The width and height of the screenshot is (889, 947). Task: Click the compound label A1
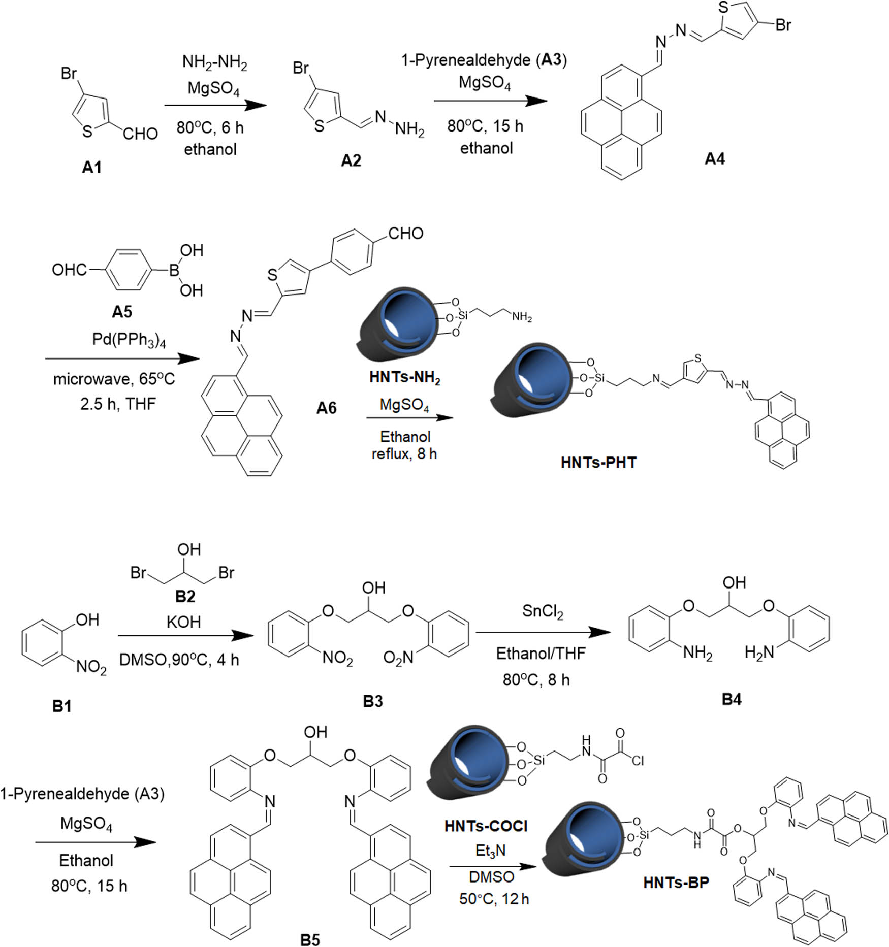(91, 167)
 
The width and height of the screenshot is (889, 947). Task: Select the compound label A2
(351, 160)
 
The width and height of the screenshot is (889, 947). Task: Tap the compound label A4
(714, 159)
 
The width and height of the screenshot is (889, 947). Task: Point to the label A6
(326, 407)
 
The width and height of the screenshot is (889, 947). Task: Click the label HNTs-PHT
(598, 463)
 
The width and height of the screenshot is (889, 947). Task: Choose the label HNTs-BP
(676, 883)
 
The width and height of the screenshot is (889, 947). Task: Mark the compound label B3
(372, 701)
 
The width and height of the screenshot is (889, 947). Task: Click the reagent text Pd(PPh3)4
(129, 340)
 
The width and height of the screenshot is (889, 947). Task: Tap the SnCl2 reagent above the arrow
(543, 612)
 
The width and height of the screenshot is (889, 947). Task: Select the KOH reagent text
(183, 622)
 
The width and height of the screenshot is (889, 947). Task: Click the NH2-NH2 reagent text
(214, 63)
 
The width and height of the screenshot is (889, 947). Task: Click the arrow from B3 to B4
(543, 633)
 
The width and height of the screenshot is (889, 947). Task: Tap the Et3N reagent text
(490, 851)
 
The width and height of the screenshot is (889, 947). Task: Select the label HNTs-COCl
(486, 826)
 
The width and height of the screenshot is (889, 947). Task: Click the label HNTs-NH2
(404, 378)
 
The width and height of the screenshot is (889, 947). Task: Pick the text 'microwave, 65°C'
(114, 379)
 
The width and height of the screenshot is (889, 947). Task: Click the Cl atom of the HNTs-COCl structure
(638, 760)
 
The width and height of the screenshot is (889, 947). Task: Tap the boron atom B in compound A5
(174, 270)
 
